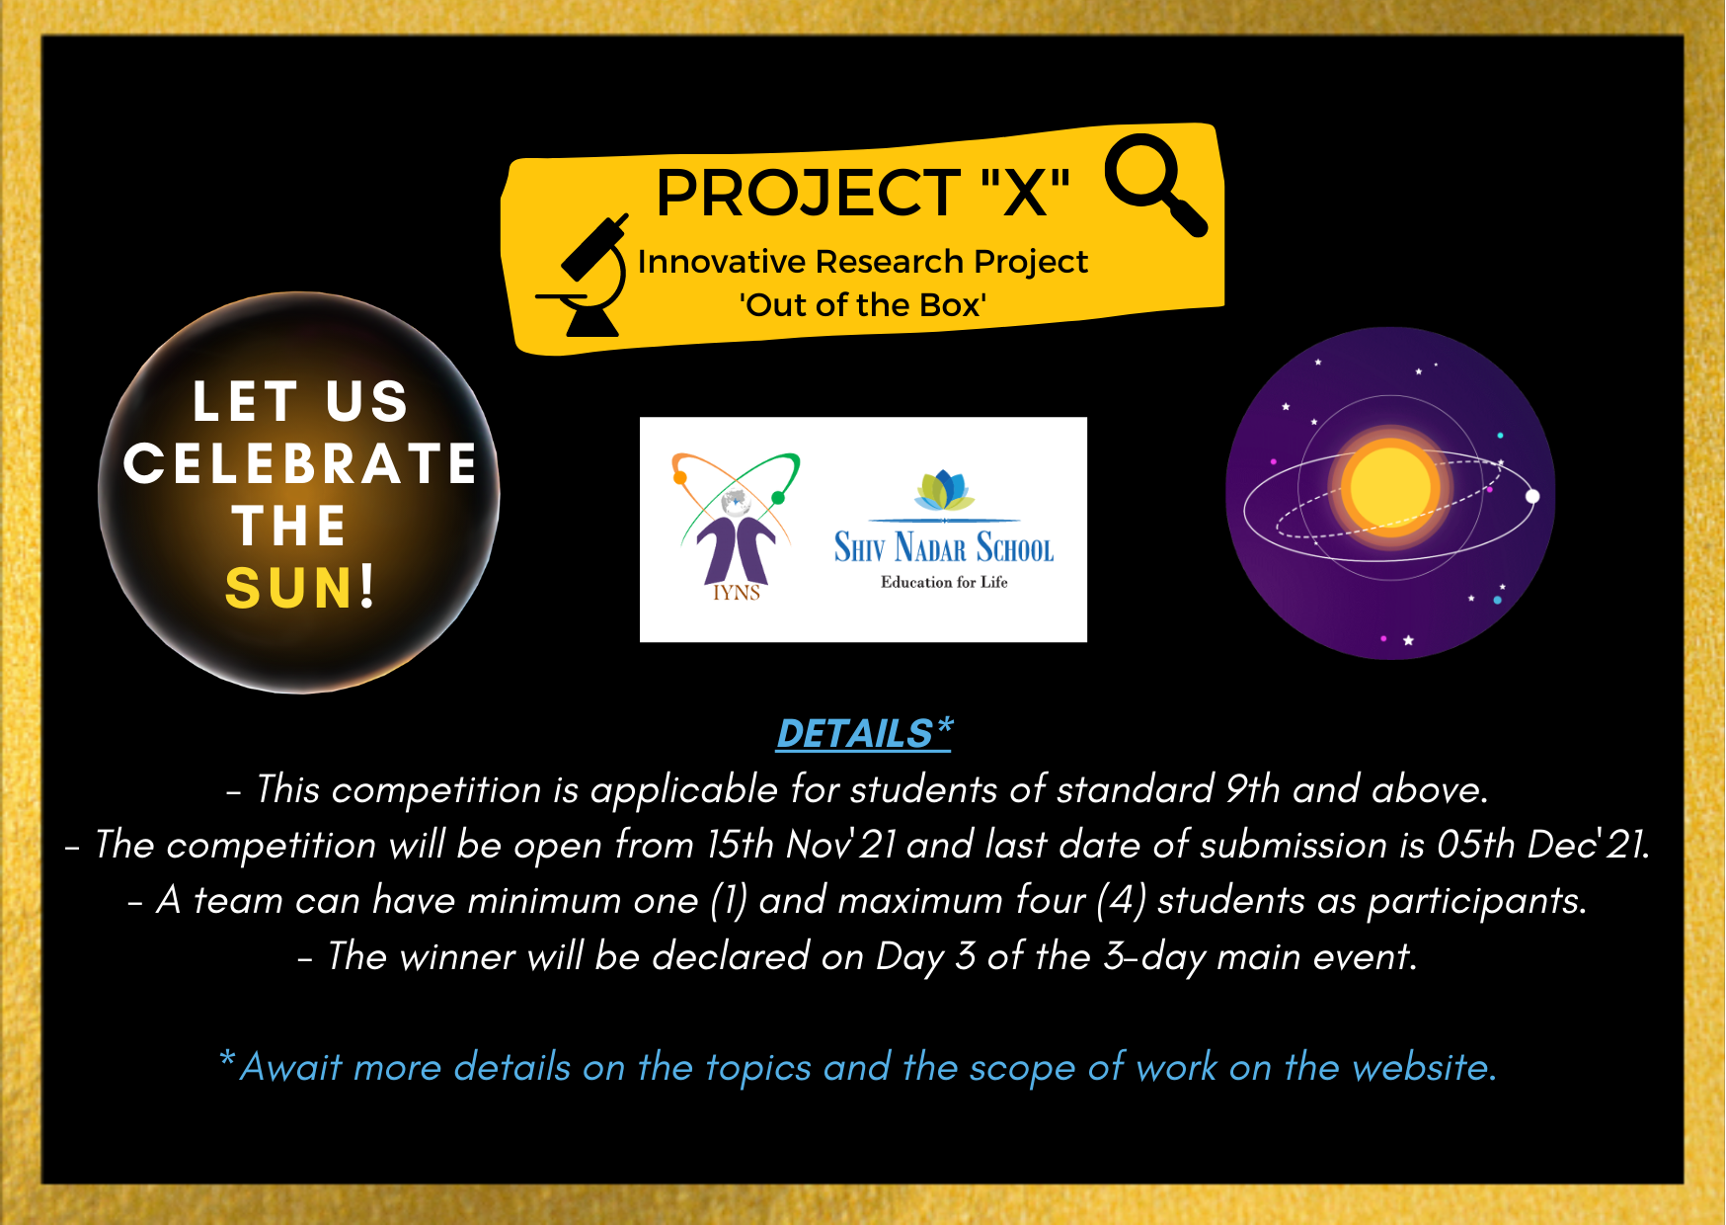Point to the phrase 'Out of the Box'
click(x=863, y=304)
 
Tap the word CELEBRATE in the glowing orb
click(x=300, y=463)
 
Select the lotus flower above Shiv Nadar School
click(x=944, y=489)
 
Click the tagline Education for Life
click(x=944, y=582)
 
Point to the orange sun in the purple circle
click(x=1390, y=487)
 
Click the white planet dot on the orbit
click(x=1532, y=496)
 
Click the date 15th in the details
click(x=740, y=845)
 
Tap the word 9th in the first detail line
click(x=1252, y=789)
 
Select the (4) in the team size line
click(x=1121, y=901)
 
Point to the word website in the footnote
click(x=1424, y=1067)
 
